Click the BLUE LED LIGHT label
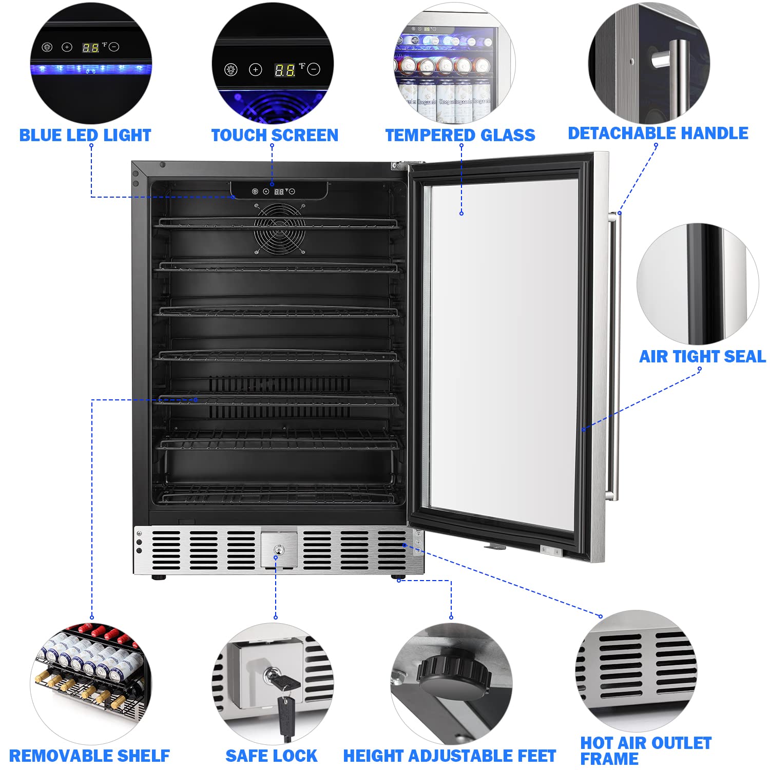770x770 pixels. click(85, 136)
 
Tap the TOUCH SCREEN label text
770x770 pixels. click(275, 136)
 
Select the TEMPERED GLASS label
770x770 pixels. click(460, 136)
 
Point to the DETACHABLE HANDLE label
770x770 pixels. click(658, 133)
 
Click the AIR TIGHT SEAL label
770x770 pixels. click(702, 356)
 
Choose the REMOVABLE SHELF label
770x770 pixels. click(89, 756)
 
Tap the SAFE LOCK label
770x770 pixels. click(271, 756)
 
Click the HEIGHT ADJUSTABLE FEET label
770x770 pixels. click(450, 756)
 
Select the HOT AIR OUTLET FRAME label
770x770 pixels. click(645, 750)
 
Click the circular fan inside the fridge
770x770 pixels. click(279, 229)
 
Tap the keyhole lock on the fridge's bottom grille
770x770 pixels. click(278, 550)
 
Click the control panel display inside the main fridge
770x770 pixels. click(279, 191)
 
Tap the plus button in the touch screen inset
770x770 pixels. click(256, 70)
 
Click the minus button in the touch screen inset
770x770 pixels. click(314, 69)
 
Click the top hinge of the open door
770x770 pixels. click(400, 165)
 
